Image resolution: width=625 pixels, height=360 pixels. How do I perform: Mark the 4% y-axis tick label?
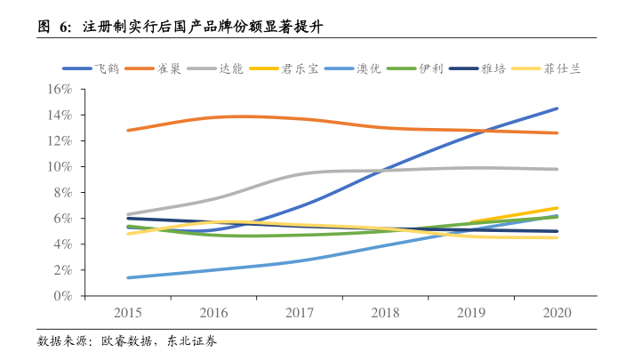(x=61, y=244)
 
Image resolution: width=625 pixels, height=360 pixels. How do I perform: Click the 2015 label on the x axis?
(x=128, y=314)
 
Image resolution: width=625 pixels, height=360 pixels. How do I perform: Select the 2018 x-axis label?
(x=386, y=314)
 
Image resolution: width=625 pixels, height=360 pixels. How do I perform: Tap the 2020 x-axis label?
(x=557, y=314)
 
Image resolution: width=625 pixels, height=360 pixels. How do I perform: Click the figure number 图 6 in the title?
(x=52, y=26)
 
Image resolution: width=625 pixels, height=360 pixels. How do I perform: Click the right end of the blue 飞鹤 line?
(x=557, y=108)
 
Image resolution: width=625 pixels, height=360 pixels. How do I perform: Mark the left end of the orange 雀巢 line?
(x=128, y=130)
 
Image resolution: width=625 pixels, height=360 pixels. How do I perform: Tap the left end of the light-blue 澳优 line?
(x=128, y=277)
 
